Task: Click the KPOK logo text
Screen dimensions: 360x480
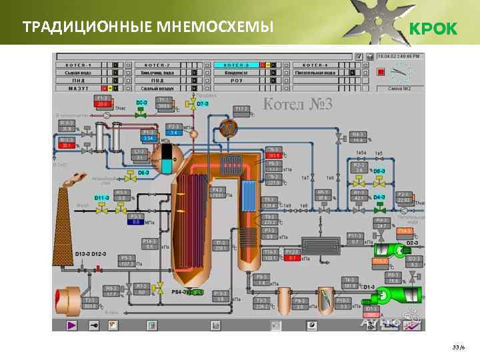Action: [432, 29]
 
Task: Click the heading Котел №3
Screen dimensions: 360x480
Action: [294, 104]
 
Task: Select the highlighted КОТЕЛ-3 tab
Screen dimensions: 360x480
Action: [236, 65]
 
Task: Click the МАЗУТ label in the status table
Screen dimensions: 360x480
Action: [78, 88]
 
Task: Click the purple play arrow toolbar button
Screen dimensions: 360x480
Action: [72, 325]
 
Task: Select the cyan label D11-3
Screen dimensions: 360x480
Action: [101, 198]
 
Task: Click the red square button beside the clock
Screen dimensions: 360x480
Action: [381, 71]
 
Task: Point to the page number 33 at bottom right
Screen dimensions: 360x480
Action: [456, 347]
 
